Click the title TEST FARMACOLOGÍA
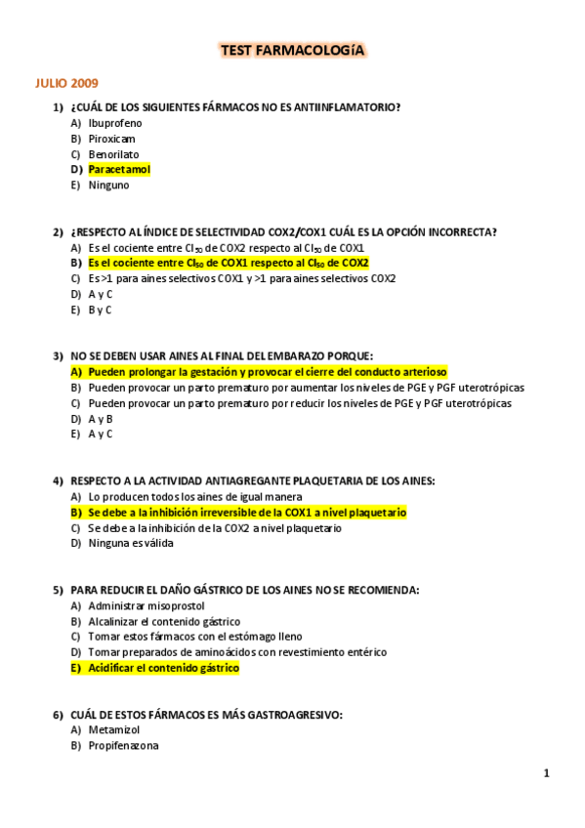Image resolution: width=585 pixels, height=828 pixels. click(292, 50)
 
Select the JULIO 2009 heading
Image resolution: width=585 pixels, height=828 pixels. click(67, 83)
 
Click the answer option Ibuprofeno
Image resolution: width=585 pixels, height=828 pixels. click(115, 123)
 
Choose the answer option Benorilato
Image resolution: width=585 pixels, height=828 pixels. click(113, 154)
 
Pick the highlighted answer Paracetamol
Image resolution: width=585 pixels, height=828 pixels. click(119, 170)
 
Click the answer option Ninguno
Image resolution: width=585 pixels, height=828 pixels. click(108, 186)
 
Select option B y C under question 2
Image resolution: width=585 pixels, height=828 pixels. click(100, 310)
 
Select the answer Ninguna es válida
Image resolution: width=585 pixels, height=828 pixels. click(131, 544)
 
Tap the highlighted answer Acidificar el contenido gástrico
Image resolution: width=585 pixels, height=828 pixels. click(163, 668)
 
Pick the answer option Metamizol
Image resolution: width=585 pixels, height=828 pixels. click(114, 730)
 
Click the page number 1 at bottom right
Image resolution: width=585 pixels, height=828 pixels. click(547, 773)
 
